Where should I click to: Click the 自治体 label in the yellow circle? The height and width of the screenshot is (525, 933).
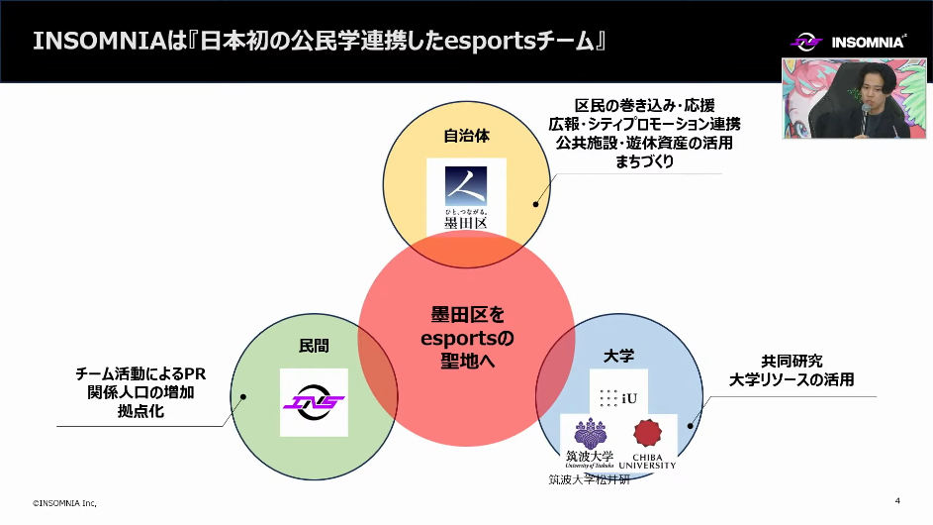click(x=466, y=137)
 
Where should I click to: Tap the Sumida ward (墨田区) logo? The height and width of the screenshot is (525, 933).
click(x=466, y=196)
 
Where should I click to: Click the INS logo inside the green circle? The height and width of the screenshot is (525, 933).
click(x=314, y=402)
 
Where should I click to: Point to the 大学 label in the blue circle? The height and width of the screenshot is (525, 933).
click(x=618, y=355)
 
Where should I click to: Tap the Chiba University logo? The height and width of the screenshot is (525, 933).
click(x=648, y=442)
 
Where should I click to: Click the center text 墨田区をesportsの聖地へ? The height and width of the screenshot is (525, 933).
click(x=465, y=338)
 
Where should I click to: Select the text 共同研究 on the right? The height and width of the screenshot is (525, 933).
click(x=792, y=361)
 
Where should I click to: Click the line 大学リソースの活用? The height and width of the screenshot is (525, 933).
click(x=792, y=379)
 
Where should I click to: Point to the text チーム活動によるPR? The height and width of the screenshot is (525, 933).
click(x=140, y=373)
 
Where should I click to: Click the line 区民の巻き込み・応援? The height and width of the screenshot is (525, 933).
click(x=644, y=105)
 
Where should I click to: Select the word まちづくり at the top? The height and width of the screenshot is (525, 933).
click(x=644, y=161)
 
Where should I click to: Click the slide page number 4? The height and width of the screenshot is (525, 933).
click(x=896, y=499)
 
